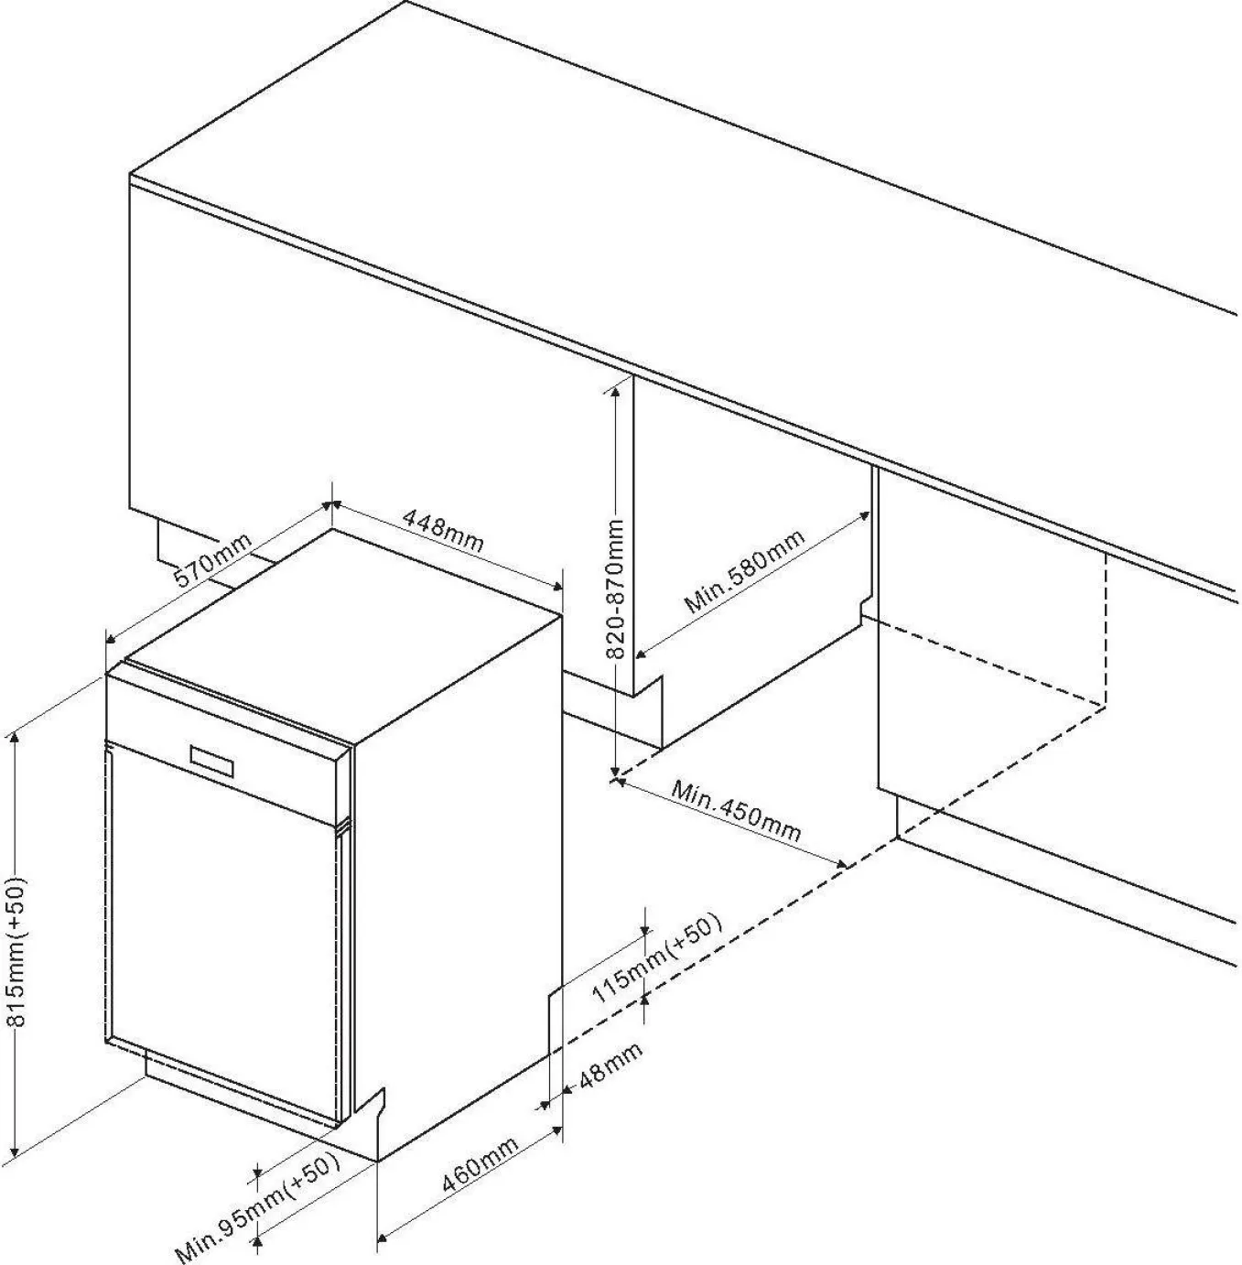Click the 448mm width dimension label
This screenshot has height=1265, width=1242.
(442, 531)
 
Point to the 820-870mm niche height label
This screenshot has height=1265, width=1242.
(615, 589)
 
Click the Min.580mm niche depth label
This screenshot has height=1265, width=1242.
(744, 571)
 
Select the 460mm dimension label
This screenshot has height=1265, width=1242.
(480, 1164)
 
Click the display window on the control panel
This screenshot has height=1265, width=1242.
(211, 760)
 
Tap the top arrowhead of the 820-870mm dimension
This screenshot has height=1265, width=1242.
(615, 391)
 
